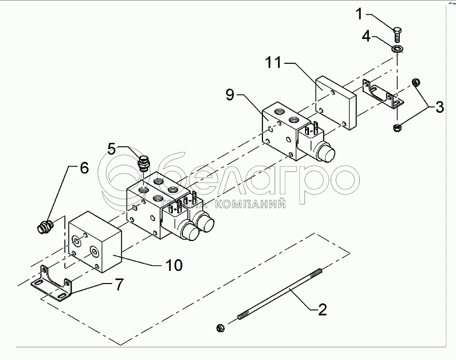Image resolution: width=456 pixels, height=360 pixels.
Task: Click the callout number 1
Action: click(x=359, y=14)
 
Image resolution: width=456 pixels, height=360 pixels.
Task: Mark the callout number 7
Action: click(x=118, y=284)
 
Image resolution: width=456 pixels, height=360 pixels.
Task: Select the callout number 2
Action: click(x=322, y=309)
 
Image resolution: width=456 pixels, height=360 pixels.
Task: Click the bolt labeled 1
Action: click(x=397, y=34)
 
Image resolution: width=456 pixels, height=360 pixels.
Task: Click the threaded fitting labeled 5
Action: click(x=144, y=164)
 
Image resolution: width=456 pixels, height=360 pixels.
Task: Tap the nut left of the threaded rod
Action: click(x=221, y=328)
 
